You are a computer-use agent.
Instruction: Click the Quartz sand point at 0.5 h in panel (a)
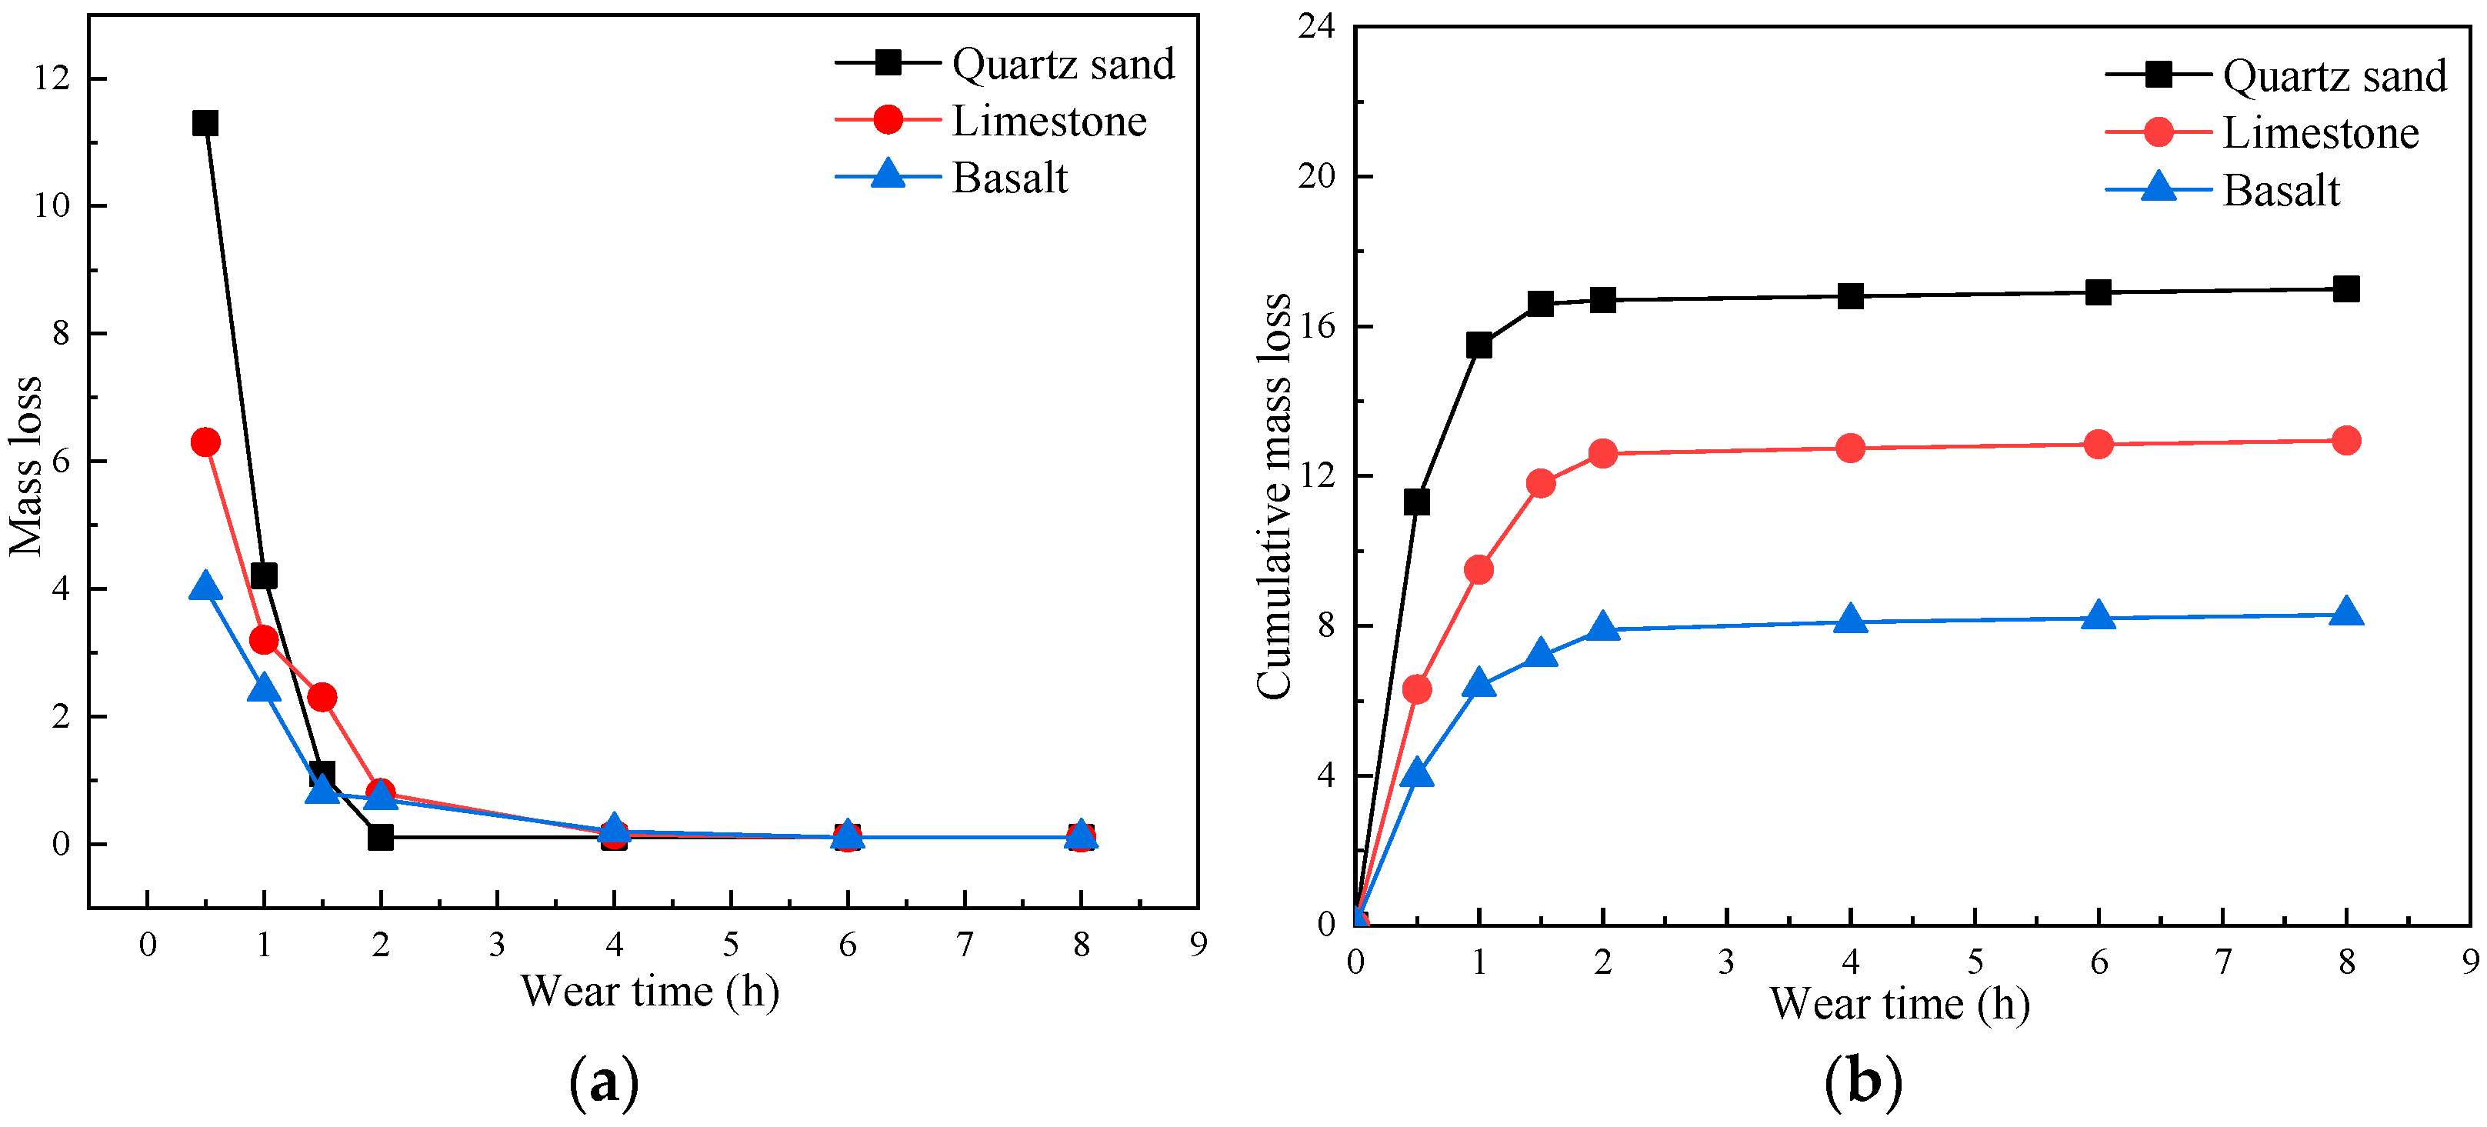click(x=205, y=122)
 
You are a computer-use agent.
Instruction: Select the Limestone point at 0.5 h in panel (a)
click(x=205, y=442)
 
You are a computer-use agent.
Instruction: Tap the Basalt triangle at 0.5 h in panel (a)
click(x=205, y=587)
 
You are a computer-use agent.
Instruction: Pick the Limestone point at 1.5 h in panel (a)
click(x=322, y=697)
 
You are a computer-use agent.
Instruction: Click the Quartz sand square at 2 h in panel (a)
click(x=380, y=837)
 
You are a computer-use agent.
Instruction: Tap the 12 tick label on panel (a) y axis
click(x=52, y=78)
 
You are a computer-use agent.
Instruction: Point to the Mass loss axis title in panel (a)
click(x=26, y=465)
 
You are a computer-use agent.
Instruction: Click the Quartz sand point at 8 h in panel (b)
click(x=2346, y=288)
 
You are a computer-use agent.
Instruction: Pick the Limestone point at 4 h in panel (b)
click(x=1850, y=448)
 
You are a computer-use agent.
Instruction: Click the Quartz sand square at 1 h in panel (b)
click(x=1478, y=345)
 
